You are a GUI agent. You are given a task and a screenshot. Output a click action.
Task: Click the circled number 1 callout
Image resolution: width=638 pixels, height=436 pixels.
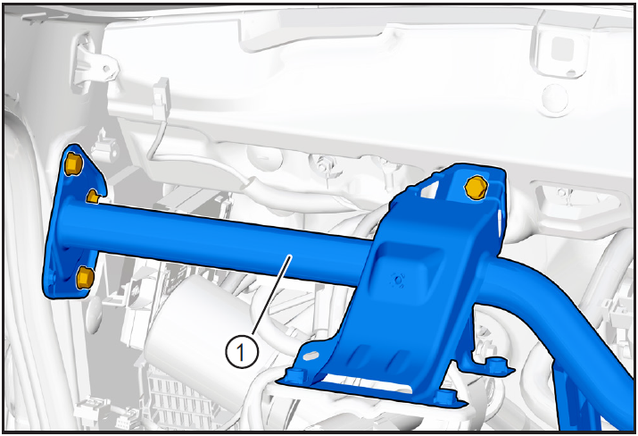click(x=242, y=352)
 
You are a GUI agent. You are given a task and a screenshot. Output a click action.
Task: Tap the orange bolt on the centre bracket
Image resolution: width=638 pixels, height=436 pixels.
click(x=476, y=188)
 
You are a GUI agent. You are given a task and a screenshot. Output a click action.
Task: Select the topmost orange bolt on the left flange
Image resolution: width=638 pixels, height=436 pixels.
click(x=73, y=163)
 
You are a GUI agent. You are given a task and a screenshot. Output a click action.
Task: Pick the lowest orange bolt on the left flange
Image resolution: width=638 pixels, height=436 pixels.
click(x=85, y=278)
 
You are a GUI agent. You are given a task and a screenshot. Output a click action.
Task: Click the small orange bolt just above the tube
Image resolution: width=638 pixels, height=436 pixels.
click(x=93, y=197)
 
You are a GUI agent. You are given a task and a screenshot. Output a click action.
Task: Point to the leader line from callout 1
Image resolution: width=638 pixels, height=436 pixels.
click(x=270, y=296)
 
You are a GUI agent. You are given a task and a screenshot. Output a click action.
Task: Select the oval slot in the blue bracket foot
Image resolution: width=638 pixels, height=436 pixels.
click(x=311, y=356)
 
